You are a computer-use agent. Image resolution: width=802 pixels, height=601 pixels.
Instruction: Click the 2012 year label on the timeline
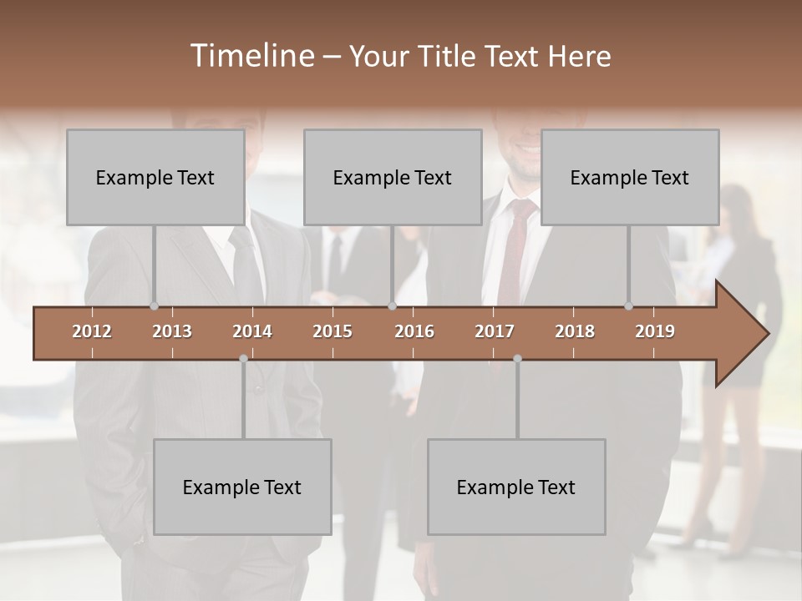pos(92,331)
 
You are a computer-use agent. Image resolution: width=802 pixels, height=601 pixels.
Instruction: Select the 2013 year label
pos(172,331)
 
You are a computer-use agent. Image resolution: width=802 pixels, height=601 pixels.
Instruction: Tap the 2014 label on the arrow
pos(252,331)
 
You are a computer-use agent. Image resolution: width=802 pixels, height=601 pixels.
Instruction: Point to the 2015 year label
pos(332,331)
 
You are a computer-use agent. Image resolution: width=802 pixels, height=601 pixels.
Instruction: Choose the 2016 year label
pos(414,331)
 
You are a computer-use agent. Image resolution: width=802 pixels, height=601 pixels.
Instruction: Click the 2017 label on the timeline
pos(495,331)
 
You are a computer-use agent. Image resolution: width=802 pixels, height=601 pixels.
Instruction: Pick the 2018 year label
pos(575,331)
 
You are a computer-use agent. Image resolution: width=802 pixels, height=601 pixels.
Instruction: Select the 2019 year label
pos(655,331)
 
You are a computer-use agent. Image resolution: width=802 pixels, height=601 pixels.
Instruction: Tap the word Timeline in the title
pos(251,56)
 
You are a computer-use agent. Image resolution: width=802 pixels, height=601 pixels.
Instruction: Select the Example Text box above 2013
pos(155,177)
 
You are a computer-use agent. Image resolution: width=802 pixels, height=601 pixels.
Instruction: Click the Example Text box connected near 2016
pos(393,177)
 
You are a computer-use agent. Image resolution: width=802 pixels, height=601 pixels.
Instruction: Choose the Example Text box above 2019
pos(630,177)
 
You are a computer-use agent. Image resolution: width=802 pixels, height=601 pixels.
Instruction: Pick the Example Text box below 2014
pos(242,487)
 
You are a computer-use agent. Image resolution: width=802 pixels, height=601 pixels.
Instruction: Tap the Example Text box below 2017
pos(516,487)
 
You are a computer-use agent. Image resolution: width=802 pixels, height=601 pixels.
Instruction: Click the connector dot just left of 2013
pos(154,306)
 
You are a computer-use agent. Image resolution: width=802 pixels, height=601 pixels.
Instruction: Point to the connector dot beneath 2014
pos(243,358)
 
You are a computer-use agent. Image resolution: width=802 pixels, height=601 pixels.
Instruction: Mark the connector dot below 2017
pos(517,358)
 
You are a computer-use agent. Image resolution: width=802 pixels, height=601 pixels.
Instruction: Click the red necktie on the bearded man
pos(512,250)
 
